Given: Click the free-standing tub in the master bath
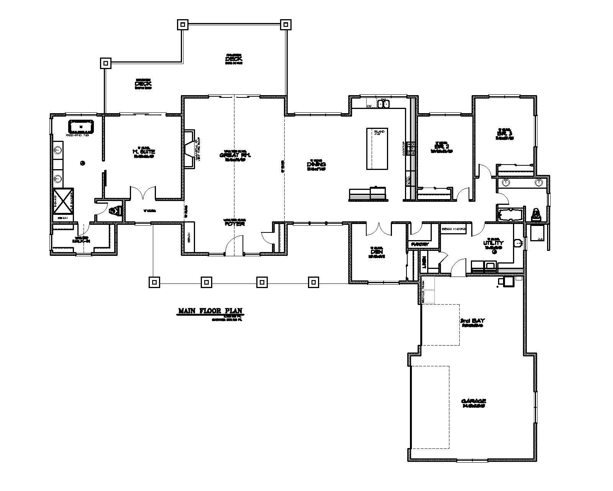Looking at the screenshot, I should (x=81, y=126).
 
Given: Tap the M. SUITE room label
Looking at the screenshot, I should (x=144, y=152).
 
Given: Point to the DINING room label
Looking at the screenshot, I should (x=316, y=165).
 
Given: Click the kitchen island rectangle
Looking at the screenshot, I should (x=377, y=148).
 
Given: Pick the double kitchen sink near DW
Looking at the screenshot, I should (x=383, y=104).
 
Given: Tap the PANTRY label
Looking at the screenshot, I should (x=419, y=244).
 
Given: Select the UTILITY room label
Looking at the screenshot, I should (x=493, y=243).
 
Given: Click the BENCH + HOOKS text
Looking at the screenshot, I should (x=454, y=229).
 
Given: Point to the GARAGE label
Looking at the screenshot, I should (x=474, y=401).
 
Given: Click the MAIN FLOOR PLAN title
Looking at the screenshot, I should (x=210, y=311).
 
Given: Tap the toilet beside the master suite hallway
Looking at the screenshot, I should (x=115, y=211).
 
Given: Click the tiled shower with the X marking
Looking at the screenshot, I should (x=63, y=200).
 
